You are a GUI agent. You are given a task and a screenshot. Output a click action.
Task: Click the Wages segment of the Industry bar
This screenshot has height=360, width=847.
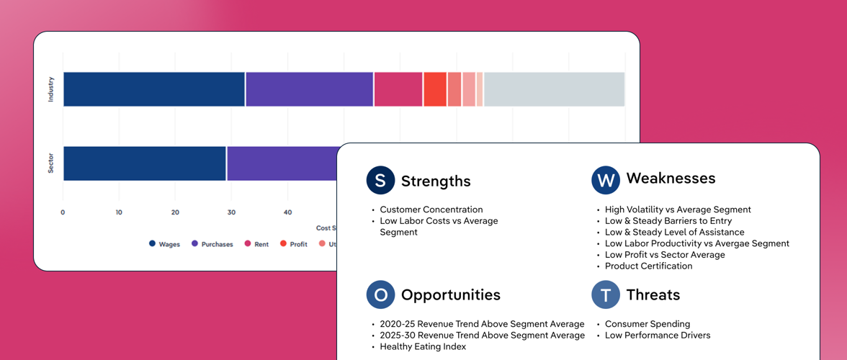154,89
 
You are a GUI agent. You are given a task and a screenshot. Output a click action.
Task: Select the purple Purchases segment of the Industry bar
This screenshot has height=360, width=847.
309,89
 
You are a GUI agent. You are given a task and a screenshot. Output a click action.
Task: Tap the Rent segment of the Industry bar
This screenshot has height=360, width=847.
398,89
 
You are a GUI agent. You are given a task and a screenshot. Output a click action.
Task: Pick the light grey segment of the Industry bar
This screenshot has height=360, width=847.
553,89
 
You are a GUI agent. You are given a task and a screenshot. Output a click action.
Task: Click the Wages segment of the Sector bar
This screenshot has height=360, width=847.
145,163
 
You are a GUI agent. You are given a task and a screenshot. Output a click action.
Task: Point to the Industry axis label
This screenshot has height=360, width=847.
50,89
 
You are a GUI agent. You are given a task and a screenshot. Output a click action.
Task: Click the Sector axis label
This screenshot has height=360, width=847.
50,163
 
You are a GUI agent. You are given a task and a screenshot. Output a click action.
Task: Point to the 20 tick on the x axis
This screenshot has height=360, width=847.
175,212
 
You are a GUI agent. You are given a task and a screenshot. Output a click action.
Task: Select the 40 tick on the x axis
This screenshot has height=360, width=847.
287,212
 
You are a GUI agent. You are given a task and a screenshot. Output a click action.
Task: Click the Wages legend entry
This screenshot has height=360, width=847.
164,244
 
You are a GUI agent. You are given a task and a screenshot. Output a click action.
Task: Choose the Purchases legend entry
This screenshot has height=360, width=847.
212,244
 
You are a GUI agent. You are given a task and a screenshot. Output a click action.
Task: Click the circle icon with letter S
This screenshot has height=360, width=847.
380,181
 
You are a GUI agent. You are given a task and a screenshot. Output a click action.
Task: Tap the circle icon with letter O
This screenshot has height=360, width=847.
380,295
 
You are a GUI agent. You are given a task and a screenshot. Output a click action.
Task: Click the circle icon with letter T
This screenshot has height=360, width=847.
606,295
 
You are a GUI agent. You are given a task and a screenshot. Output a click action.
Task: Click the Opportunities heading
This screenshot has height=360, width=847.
450,295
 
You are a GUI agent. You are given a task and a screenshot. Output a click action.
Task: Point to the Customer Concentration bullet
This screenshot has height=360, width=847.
431,210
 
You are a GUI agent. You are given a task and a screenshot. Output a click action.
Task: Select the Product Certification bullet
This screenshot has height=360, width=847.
648,266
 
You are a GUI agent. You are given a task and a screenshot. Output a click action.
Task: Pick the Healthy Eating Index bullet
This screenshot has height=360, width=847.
423,346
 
